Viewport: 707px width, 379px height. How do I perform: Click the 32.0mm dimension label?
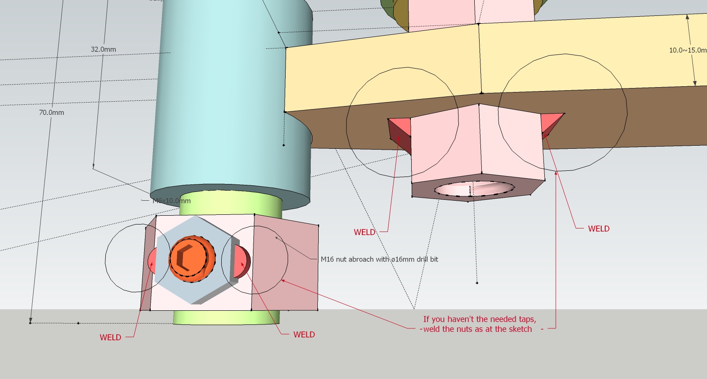(103, 49)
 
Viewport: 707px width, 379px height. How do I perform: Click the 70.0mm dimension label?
(51, 112)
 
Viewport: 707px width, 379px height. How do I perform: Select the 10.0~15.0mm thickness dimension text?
(687, 50)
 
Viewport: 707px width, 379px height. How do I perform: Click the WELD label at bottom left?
(110, 337)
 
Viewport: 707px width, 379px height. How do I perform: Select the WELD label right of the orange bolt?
(304, 335)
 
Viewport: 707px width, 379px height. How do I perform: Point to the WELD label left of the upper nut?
(365, 232)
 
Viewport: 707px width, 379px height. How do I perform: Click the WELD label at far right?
(599, 228)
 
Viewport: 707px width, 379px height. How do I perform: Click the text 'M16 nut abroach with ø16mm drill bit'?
(379, 259)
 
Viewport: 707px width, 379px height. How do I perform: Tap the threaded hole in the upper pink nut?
(473, 189)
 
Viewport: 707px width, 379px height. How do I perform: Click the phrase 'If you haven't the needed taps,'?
(480, 319)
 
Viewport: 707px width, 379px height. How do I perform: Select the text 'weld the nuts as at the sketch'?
(477, 329)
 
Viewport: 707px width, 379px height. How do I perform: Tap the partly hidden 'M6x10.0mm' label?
(171, 201)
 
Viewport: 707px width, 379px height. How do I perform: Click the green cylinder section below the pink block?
(226, 317)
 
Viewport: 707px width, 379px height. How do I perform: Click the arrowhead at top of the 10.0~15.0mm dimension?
(688, 17)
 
